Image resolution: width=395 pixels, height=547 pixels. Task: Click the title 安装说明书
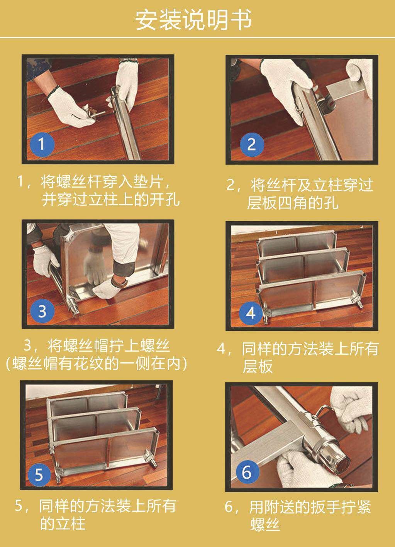[x=193, y=20]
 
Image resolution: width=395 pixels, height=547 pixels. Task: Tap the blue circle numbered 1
[x=42, y=144]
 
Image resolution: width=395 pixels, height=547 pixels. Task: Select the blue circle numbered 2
[x=252, y=144]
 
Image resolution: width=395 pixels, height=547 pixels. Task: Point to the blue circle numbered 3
[x=42, y=311]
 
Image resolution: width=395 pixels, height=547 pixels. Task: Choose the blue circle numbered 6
[x=247, y=472]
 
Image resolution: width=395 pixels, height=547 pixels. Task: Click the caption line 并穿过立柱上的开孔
[x=111, y=199]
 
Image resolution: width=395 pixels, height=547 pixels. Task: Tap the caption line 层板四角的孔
[x=293, y=202]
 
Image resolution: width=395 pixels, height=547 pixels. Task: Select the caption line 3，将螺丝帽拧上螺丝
[x=97, y=345]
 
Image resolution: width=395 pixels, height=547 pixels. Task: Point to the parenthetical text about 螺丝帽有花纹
[x=97, y=363]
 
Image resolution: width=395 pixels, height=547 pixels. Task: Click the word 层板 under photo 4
[x=258, y=366]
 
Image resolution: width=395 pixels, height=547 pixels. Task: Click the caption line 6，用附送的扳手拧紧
[x=298, y=507]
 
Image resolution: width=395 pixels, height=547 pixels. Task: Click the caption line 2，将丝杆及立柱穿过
[x=300, y=185]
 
